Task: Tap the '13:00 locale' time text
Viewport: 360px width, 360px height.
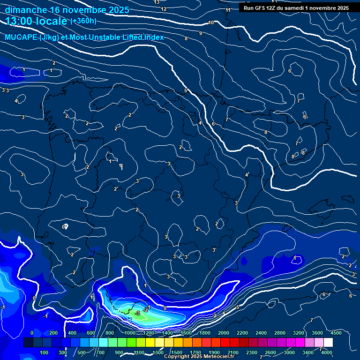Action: pyautogui.click(x=36, y=21)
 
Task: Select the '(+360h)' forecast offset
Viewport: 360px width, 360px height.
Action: pyautogui.click(x=83, y=21)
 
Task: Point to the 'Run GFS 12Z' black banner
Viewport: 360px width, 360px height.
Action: pyautogui.click(x=296, y=8)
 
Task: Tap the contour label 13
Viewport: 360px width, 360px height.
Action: pyautogui.click(x=157, y=2)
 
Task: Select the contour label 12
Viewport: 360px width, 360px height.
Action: pyautogui.click(x=164, y=9)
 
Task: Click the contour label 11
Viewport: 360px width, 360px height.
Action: pyautogui.click(x=228, y=10)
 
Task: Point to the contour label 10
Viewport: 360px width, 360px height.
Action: pyautogui.click(x=211, y=22)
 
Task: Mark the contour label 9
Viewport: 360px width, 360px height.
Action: pyautogui.click(x=201, y=33)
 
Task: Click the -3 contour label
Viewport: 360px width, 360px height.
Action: pyautogui.click(x=137, y=313)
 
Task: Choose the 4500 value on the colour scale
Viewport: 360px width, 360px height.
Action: pyautogui.click(x=336, y=333)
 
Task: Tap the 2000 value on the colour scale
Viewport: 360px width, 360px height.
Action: pyautogui.click(x=224, y=333)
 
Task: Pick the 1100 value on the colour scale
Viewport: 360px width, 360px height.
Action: pyautogui.click(x=139, y=352)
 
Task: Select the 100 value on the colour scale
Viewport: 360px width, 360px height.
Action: pyautogui.click(x=45, y=352)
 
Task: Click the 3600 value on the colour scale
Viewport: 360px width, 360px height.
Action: pyautogui.click(x=317, y=333)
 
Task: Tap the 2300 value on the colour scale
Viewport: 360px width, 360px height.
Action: pyautogui.click(x=252, y=352)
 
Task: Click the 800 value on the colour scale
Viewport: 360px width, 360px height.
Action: pyautogui.click(x=110, y=333)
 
